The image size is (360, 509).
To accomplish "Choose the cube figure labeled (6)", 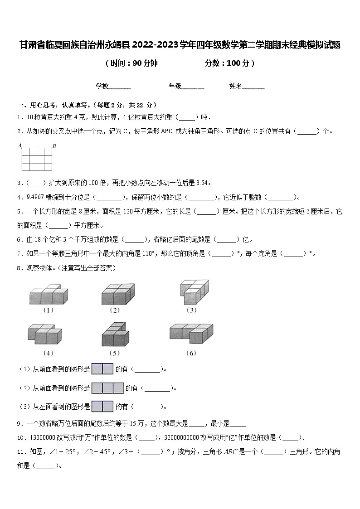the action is [x=191, y=334].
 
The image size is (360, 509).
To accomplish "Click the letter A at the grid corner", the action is [x=20, y=145].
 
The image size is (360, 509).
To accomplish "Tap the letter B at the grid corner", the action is [x=54, y=145].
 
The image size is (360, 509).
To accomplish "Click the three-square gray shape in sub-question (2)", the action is [x=108, y=388].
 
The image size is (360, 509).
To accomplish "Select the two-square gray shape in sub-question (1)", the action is [x=102, y=369].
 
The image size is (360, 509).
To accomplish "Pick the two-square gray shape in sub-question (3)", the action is [x=102, y=407].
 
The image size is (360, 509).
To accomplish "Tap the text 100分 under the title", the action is [x=238, y=63].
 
